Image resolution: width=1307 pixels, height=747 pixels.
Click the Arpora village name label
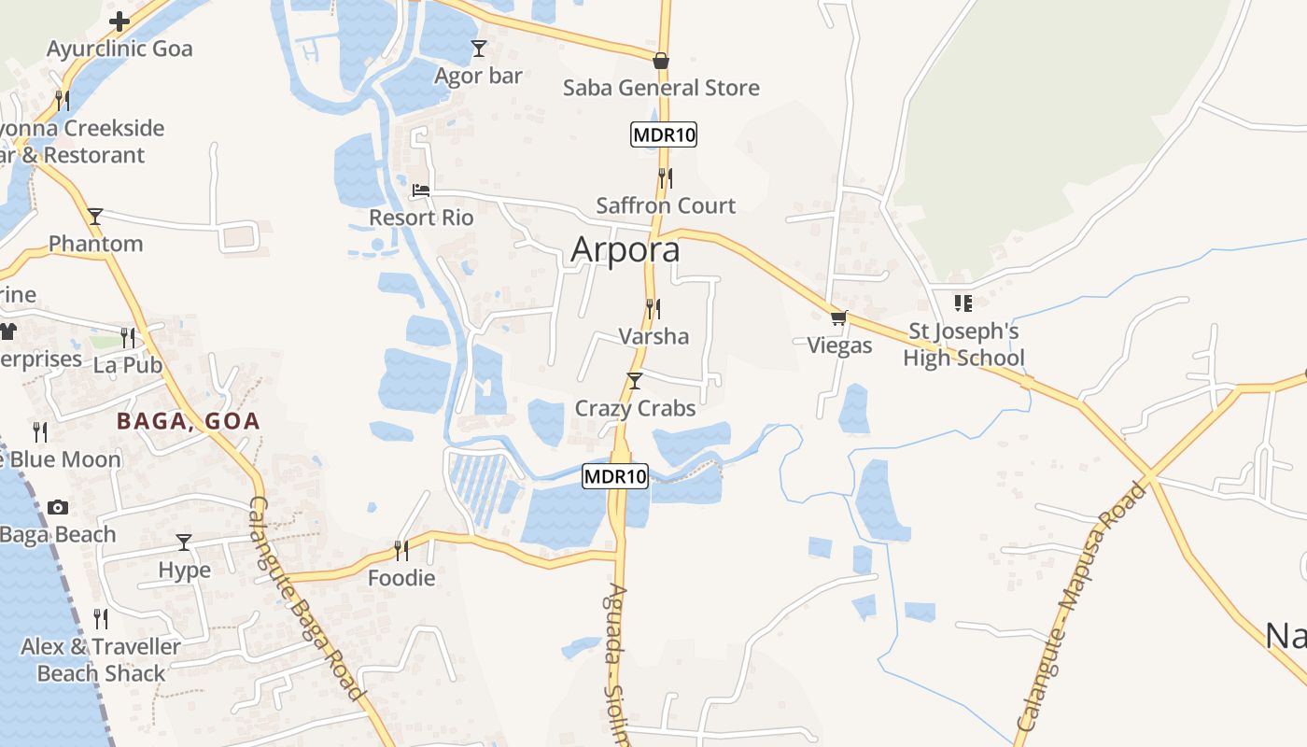(625, 250)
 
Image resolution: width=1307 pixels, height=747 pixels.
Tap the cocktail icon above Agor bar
(479, 49)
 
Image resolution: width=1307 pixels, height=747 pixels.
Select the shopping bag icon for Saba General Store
(661, 61)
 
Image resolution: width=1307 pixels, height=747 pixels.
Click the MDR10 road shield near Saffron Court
(664, 134)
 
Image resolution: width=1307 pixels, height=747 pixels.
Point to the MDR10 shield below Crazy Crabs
(614, 476)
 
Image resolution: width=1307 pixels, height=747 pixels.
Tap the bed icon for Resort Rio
(421, 190)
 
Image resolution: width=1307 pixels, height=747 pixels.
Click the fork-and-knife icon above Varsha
(653, 307)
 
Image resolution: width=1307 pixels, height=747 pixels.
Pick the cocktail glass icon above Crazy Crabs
(635, 380)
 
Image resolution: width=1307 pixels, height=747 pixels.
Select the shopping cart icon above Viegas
(838, 317)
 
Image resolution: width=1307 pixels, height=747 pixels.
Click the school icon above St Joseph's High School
(963, 303)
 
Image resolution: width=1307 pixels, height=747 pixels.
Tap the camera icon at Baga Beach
(58, 507)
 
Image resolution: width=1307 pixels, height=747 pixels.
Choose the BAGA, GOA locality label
(189, 421)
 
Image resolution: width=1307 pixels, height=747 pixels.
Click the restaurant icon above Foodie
(401, 550)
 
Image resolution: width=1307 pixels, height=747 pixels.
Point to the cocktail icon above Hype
(184, 543)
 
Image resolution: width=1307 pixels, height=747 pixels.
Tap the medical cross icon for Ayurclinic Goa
(119, 21)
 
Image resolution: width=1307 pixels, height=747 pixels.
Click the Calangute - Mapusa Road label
(1081, 607)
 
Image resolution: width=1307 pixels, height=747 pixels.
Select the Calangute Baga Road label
(304, 598)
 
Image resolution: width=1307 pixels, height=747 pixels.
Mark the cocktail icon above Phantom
(95, 217)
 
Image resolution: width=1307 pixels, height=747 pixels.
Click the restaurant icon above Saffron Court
(666, 176)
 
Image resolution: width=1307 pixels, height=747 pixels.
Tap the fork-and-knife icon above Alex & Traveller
(101, 618)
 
